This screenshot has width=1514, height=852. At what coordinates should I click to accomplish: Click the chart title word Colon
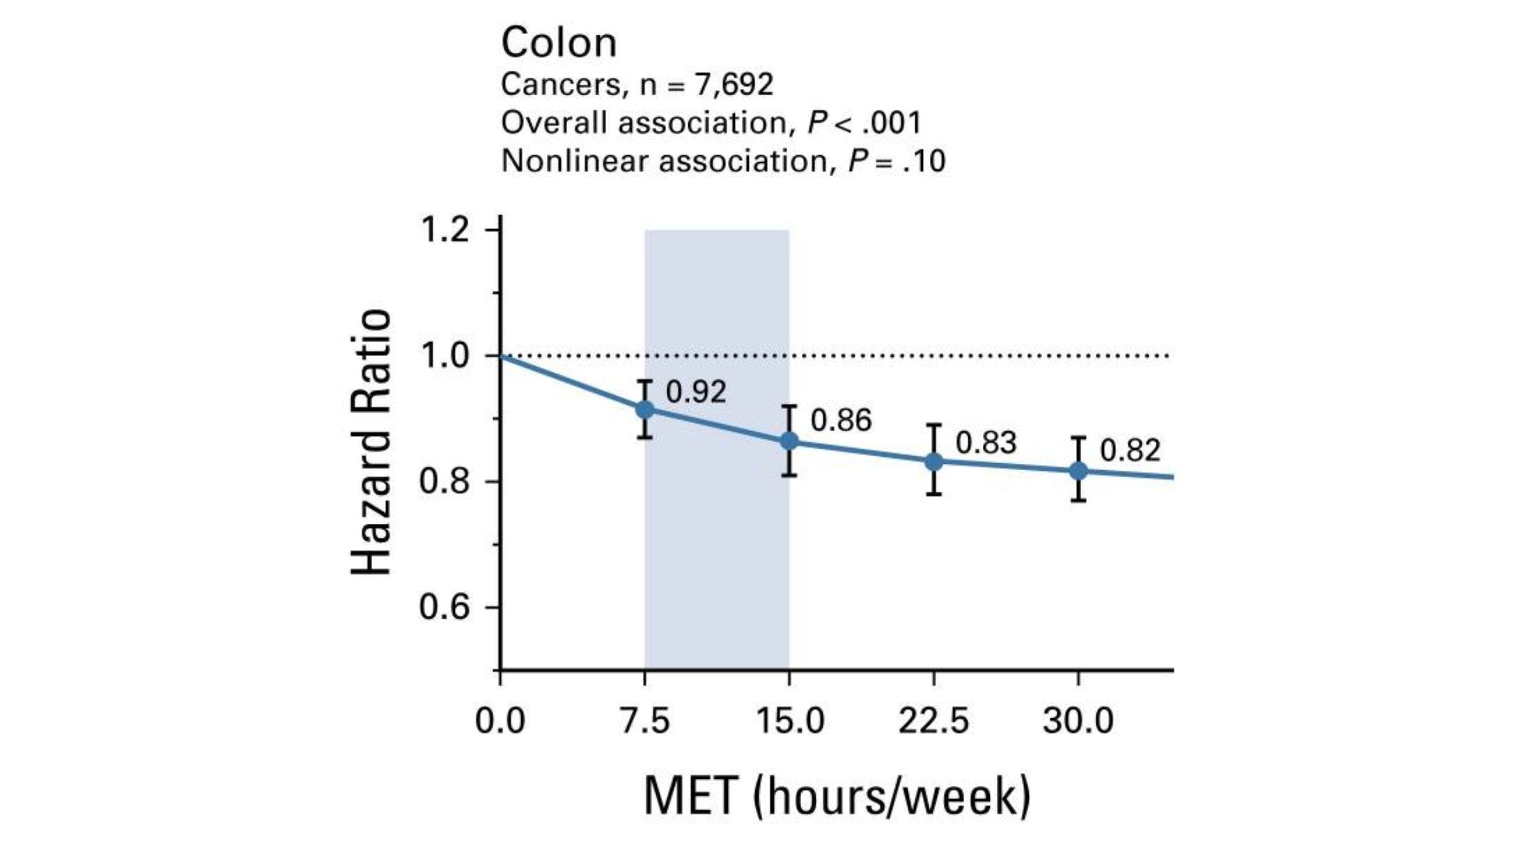[558, 43]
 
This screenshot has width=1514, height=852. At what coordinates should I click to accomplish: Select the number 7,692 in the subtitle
[734, 84]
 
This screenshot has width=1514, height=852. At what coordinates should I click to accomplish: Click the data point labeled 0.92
[644, 410]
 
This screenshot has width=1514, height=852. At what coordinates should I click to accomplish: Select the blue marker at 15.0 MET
[789, 441]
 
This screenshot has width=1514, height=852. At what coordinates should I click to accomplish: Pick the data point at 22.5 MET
[934, 461]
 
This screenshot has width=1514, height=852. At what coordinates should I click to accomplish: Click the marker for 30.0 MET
[1079, 470]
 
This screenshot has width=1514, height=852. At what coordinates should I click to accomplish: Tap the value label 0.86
[841, 420]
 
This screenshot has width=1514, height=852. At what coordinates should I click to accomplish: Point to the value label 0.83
[986, 442]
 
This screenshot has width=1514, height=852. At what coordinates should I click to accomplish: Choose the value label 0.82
[1130, 451]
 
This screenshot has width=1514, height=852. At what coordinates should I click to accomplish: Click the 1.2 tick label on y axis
[444, 230]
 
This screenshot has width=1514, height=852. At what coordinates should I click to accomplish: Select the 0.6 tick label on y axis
[444, 607]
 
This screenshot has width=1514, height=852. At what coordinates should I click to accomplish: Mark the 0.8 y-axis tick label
[444, 482]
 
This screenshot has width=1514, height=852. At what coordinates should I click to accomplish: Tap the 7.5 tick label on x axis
[644, 721]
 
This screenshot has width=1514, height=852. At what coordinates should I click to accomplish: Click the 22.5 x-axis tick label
[934, 721]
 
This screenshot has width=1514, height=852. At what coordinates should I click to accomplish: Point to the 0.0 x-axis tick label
[500, 721]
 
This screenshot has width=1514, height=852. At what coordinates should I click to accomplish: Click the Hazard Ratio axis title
[371, 442]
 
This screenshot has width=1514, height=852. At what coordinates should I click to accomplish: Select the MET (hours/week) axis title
[836, 796]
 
